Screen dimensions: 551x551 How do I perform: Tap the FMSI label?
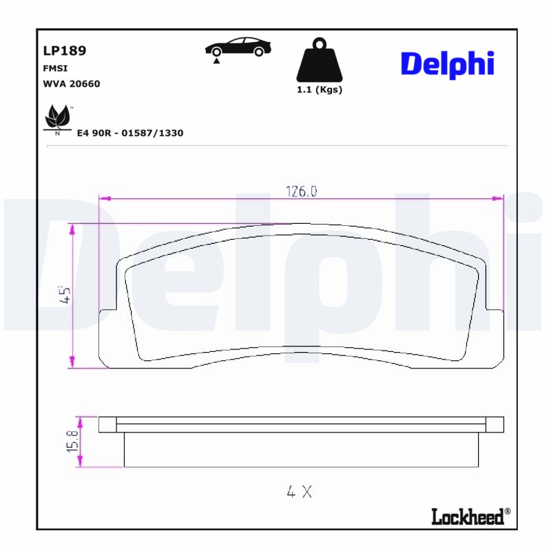tap(54, 69)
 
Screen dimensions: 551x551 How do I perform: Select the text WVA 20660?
tap(72, 83)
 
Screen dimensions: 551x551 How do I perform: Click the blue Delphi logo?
tap(447, 63)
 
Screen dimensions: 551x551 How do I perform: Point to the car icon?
tap(238, 47)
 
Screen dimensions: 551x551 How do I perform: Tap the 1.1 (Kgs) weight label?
tap(319, 90)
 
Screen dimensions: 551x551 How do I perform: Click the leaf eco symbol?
tap(57, 118)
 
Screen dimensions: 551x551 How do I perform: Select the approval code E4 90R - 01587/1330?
tap(131, 133)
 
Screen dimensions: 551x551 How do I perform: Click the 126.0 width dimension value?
tap(301, 192)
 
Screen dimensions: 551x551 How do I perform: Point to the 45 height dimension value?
tap(66, 295)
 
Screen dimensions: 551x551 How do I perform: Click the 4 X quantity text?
tap(300, 492)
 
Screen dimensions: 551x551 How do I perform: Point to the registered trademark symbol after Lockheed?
tap(508, 511)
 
